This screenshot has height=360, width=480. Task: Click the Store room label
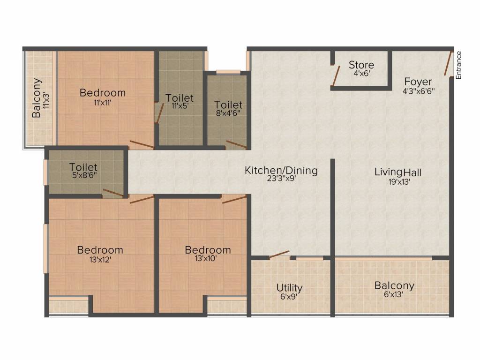tap(361, 65)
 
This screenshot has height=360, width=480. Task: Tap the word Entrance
tap(459, 65)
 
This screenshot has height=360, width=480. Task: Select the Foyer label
tap(418, 82)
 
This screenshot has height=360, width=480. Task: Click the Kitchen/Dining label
tap(281, 171)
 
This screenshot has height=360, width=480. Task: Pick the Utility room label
tap(289, 287)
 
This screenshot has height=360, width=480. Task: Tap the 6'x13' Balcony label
tap(394, 285)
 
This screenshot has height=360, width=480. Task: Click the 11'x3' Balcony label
tap(37, 98)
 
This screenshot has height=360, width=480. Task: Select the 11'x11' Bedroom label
tap(103, 93)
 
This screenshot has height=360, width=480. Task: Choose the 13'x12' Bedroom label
tap(100, 250)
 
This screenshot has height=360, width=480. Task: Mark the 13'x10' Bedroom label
tap(208, 250)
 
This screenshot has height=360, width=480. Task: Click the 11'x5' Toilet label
tap(180, 98)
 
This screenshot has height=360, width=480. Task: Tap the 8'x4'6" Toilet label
tap(228, 105)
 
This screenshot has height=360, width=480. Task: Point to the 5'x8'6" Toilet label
tap(83, 167)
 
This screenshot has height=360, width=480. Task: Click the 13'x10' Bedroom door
tap(234, 199)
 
